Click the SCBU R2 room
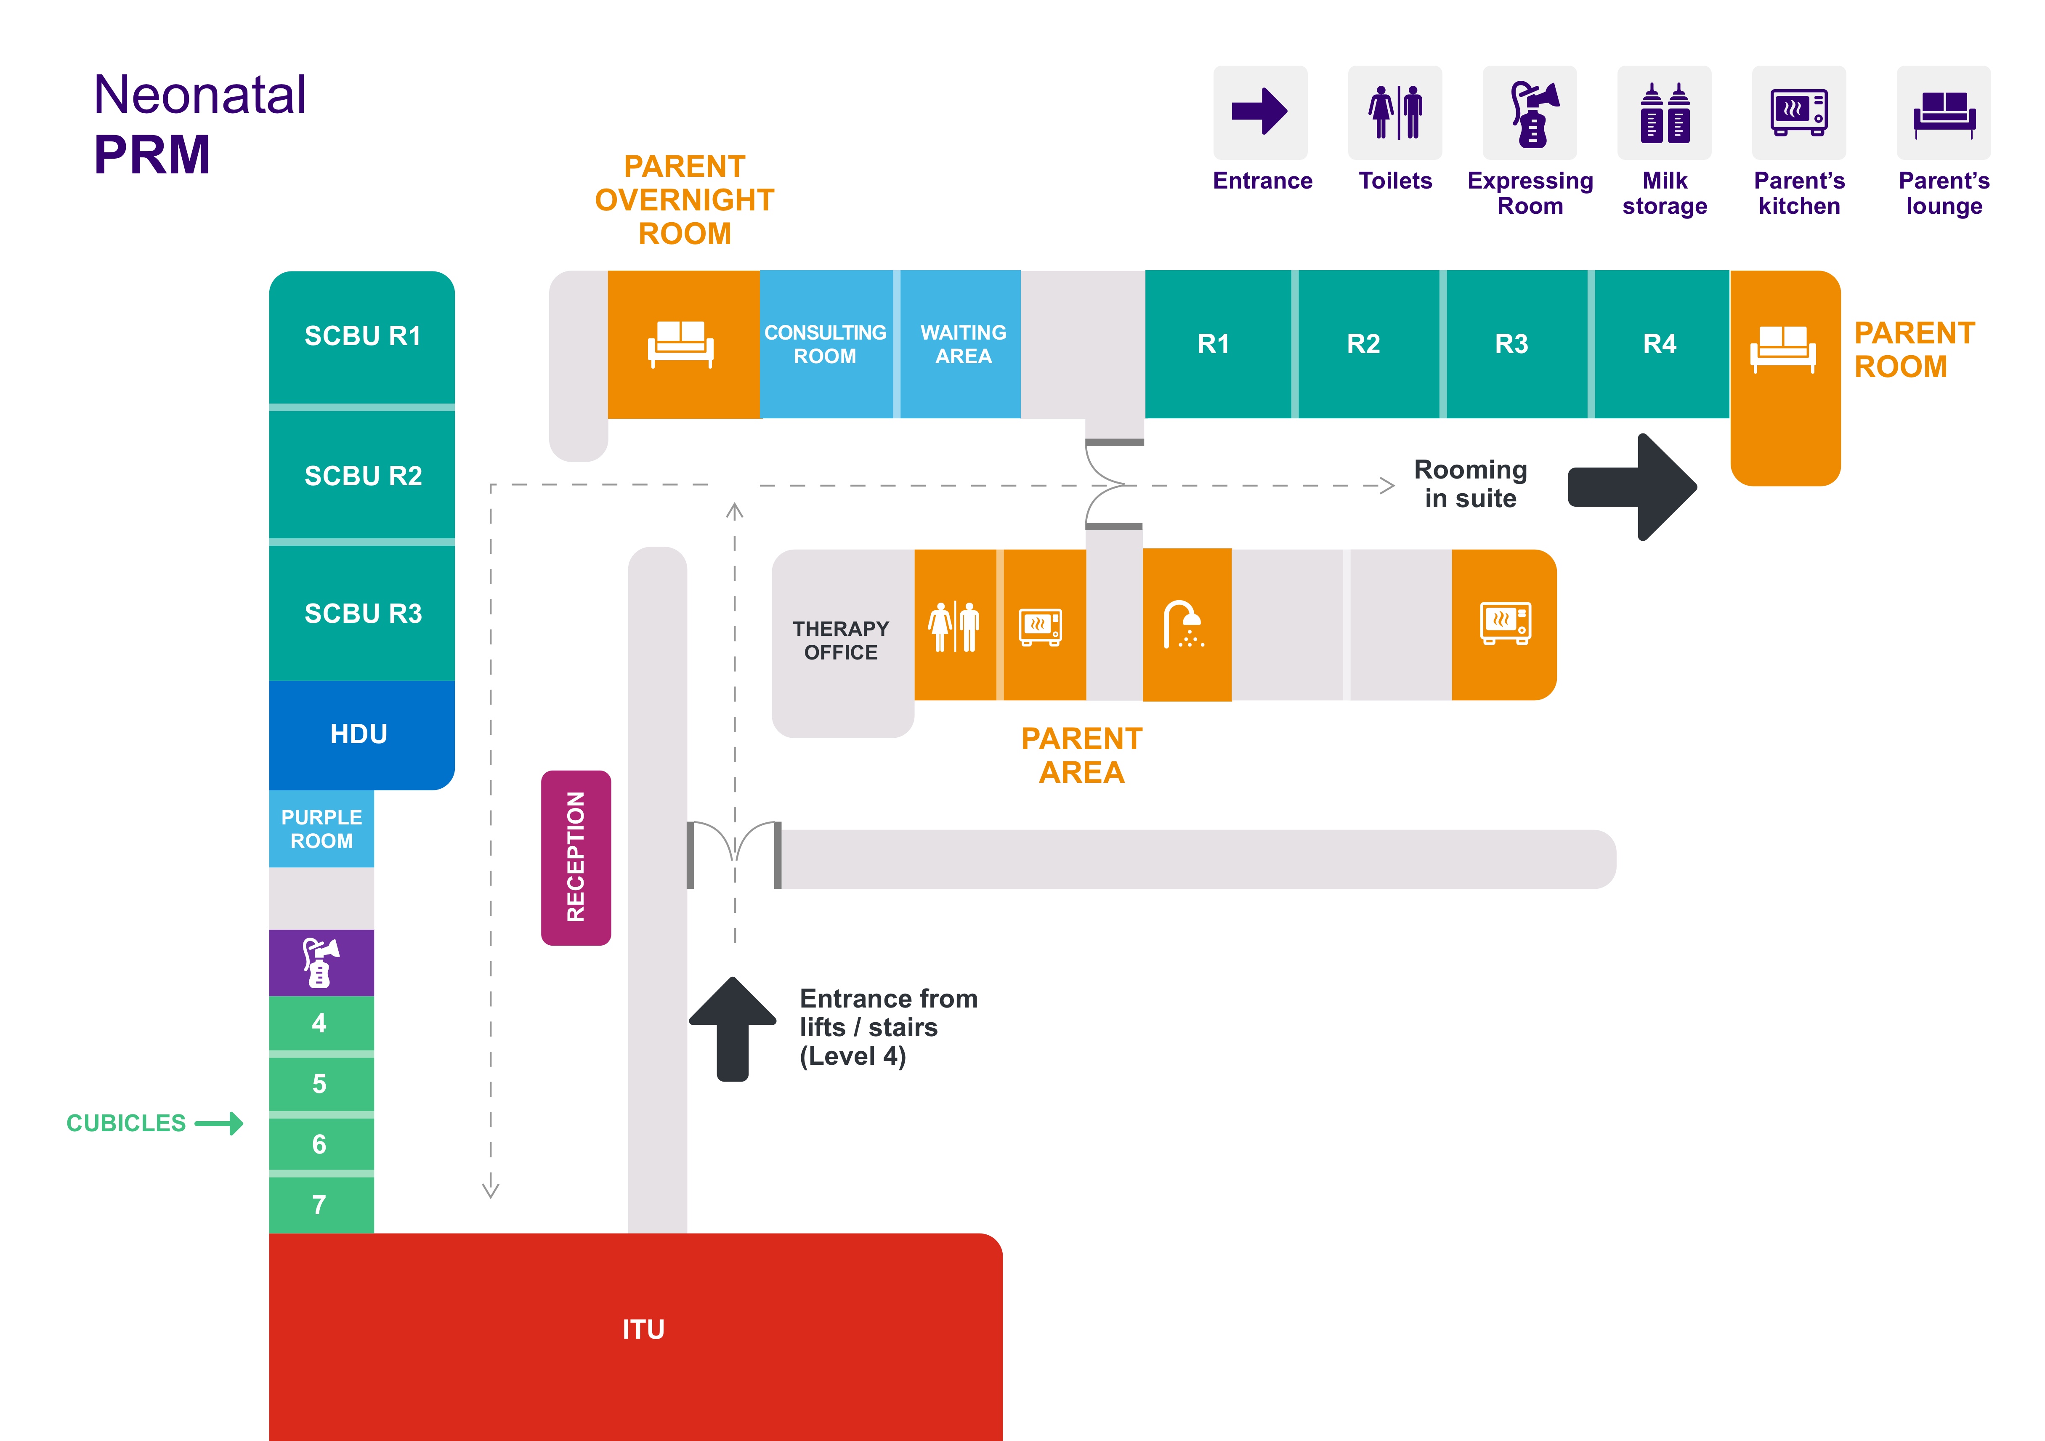click(363, 476)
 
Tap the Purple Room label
click(321, 829)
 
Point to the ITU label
click(643, 1329)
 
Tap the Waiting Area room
click(963, 345)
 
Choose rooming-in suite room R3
click(1511, 344)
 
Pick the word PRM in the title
click(152, 155)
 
